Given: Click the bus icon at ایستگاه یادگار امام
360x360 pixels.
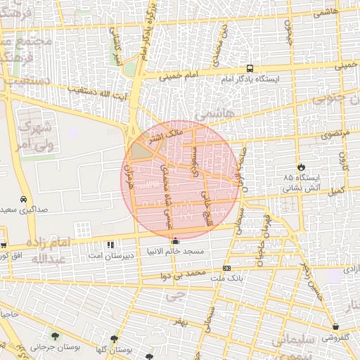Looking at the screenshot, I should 250,68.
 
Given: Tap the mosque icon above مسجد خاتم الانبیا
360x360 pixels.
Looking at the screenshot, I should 175,243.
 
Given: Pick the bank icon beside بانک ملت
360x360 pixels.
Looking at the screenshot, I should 226,268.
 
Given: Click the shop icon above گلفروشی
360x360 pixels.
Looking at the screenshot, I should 336,326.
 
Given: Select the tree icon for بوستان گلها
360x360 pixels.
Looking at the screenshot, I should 114,340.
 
